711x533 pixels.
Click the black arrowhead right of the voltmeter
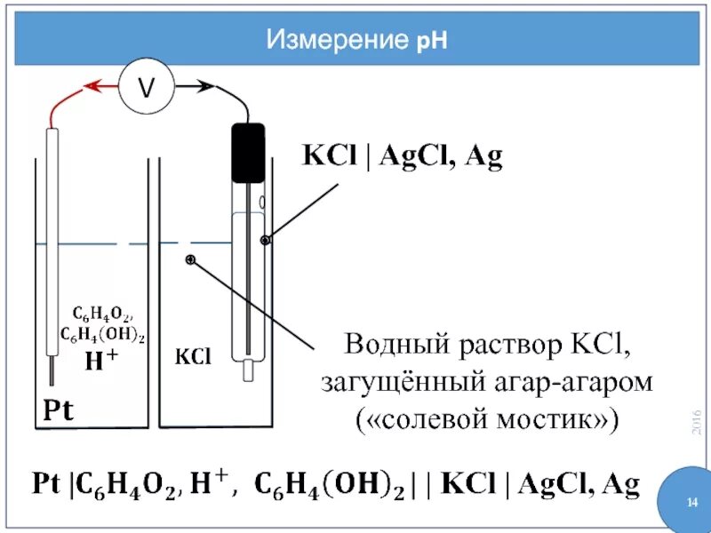(206, 87)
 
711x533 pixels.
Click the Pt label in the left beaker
(60, 411)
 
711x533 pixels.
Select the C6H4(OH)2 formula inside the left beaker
(102, 335)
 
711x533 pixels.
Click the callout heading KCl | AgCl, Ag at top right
(403, 157)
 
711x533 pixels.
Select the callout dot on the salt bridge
(190, 259)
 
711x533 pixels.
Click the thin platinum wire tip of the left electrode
(52, 366)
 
